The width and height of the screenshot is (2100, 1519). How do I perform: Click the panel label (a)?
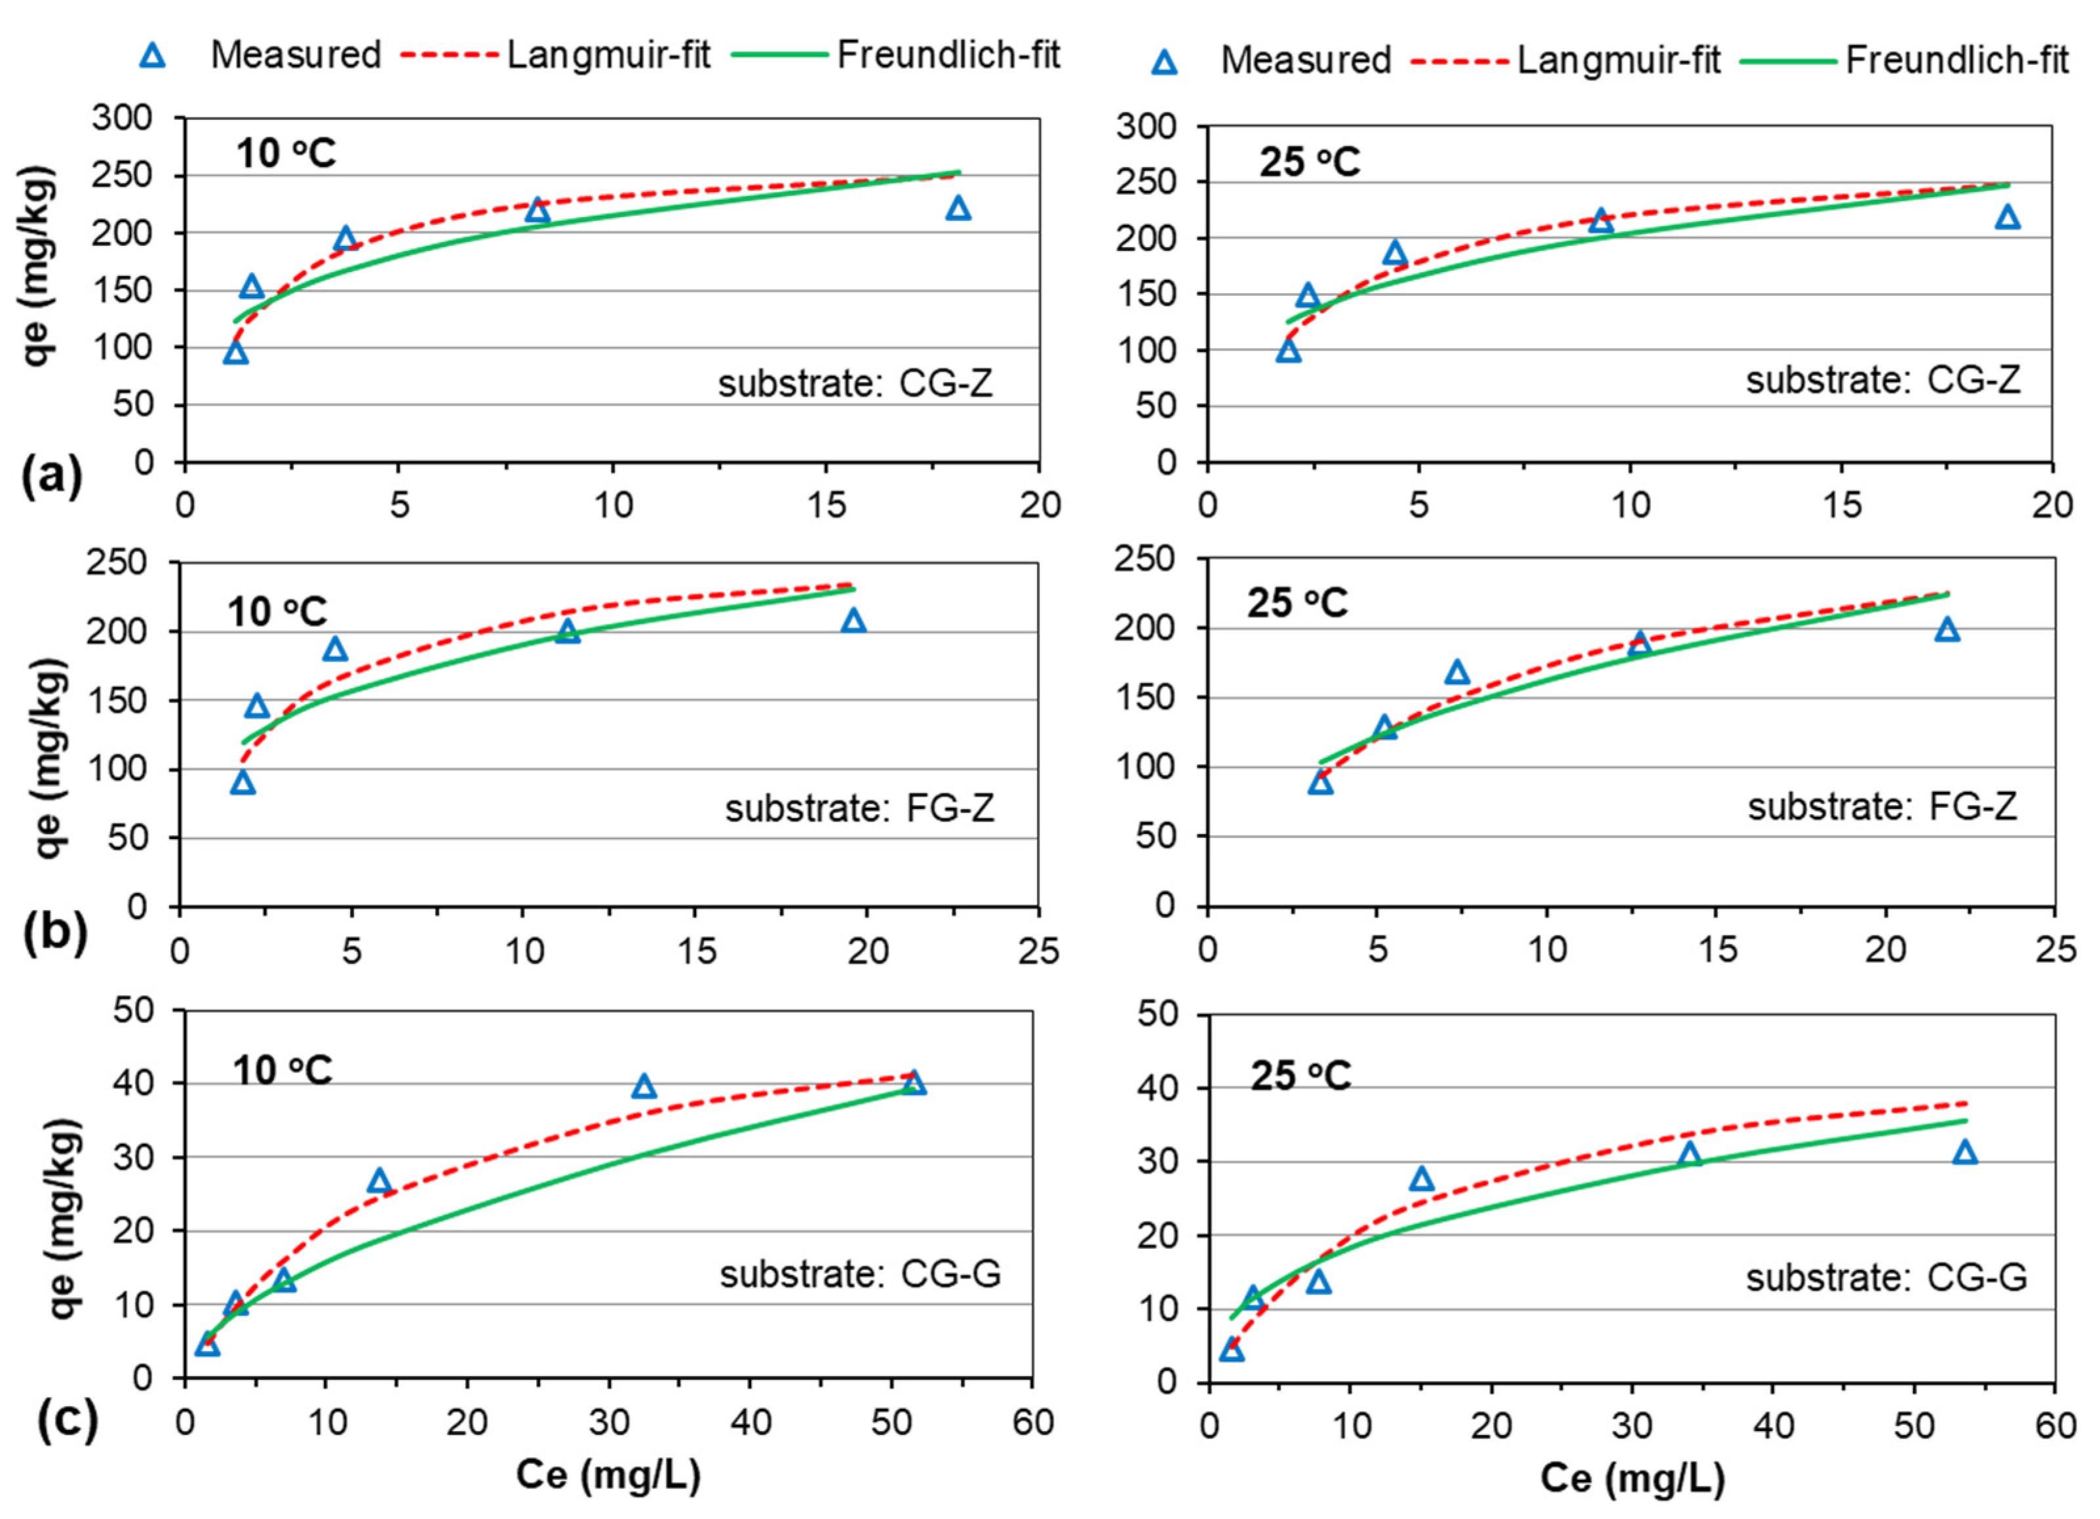pos(52,477)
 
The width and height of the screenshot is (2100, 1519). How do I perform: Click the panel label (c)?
pos(68,1422)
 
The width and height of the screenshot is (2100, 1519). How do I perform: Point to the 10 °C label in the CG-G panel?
pos(281,1071)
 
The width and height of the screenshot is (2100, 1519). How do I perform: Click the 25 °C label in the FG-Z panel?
pos(1297,603)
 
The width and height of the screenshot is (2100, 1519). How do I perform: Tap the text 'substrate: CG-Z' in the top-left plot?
pos(855,382)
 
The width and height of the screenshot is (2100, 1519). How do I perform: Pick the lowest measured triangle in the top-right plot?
pos(1288,350)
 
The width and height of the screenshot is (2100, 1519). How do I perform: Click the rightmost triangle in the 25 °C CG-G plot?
pos(1965,1153)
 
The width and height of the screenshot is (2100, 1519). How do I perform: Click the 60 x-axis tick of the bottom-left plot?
pos(1032,1422)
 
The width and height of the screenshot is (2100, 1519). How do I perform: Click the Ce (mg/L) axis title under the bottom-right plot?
pos(1633,1478)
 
